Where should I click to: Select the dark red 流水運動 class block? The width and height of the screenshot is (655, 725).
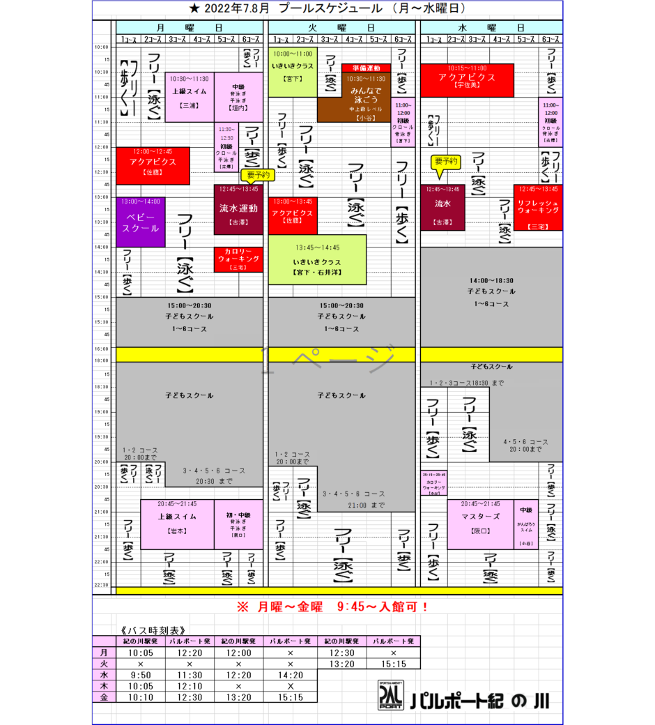238,209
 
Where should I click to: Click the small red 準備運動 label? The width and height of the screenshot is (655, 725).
367,68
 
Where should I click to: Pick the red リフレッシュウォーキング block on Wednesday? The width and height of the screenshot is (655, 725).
538,207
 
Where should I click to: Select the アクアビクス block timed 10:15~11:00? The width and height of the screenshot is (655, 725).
467,80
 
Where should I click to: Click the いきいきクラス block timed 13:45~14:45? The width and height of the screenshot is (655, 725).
317,259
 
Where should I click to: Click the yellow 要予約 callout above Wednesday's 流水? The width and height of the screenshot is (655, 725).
446,162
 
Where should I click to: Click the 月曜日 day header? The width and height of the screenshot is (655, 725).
190,27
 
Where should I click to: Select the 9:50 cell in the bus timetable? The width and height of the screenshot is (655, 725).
140,675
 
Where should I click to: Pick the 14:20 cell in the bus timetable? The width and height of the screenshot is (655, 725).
290,675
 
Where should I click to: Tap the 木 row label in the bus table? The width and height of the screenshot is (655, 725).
104,686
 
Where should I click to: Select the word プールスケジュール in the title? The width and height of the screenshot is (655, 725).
332,8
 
